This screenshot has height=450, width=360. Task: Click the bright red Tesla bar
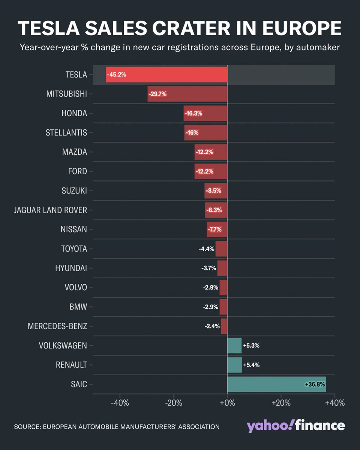tap(166, 75)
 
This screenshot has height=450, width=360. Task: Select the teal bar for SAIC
tap(276, 384)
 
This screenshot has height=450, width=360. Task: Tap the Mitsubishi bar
tap(187, 94)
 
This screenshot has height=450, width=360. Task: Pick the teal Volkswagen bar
tap(234, 345)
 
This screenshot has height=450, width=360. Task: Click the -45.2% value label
tap(117, 75)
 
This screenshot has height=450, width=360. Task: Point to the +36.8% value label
tap(315, 384)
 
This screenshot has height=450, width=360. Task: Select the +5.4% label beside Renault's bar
tap(251, 365)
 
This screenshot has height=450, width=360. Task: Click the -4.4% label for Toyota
tap(206, 249)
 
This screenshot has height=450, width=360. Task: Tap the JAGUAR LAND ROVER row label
tap(50, 210)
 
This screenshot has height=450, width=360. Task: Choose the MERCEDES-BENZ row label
tap(57, 326)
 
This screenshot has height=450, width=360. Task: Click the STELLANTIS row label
tap(66, 133)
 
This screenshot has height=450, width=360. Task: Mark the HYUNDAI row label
tap(71, 268)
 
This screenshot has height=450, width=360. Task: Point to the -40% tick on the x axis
tap(120, 403)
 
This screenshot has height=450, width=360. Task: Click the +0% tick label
tap(227, 403)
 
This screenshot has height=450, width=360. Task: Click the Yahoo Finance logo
tap(295, 426)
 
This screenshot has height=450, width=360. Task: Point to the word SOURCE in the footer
tap(28, 427)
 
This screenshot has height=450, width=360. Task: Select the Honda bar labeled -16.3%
tap(205, 113)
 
